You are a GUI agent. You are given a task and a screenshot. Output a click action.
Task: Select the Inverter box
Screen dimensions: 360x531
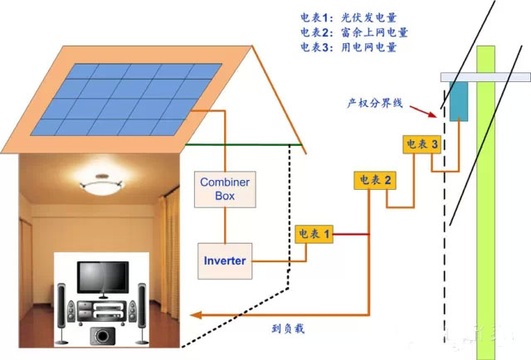224,260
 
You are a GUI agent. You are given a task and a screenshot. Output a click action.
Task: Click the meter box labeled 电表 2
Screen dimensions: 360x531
373,180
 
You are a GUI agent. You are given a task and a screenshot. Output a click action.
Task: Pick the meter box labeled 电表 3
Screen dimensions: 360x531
422,144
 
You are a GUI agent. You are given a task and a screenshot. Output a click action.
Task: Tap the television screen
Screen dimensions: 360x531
102,275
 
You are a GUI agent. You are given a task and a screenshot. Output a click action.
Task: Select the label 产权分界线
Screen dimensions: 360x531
374,104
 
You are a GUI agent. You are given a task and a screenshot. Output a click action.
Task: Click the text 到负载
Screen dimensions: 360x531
289,328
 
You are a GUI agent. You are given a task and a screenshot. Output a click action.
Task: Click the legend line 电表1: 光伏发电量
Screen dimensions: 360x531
353,17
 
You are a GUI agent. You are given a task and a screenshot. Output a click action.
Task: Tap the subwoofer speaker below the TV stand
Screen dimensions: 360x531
102,336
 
